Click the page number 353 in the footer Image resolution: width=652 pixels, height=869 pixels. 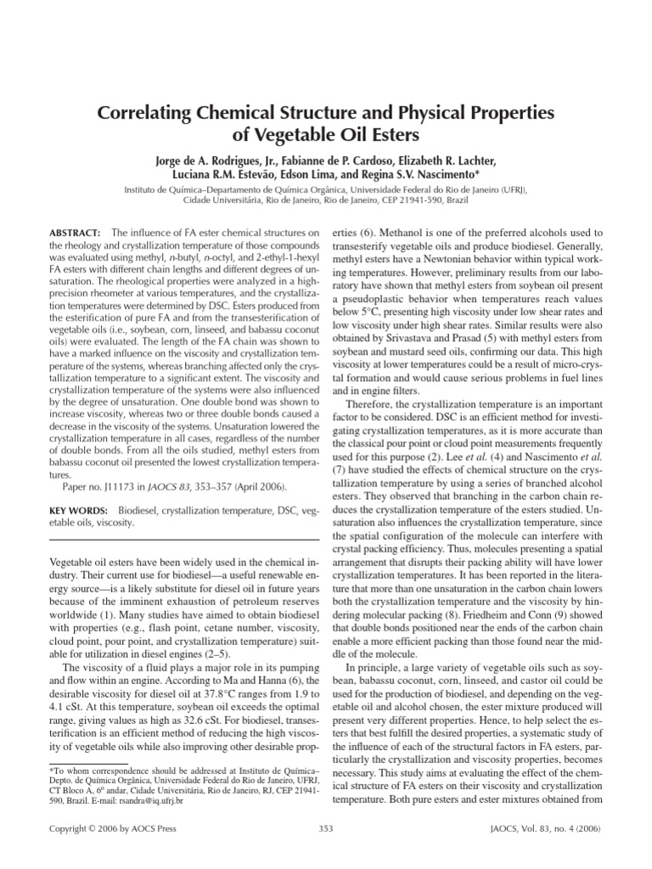[325, 828]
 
